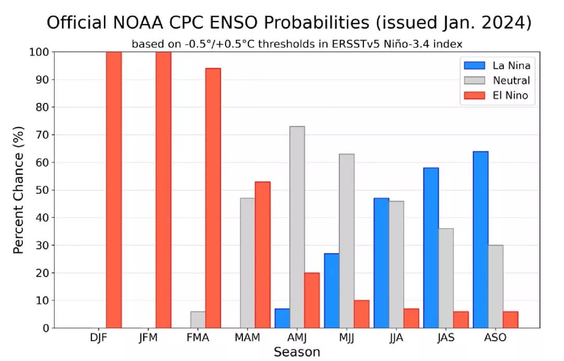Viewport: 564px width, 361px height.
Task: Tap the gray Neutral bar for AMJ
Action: [297, 227]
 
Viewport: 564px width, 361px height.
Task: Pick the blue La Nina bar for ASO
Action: [480, 240]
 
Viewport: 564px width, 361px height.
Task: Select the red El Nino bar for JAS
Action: [461, 320]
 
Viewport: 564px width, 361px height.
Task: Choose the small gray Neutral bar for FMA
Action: [198, 320]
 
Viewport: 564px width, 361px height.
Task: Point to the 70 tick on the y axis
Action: [42, 135]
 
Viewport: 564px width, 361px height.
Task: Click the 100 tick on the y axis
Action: [39, 52]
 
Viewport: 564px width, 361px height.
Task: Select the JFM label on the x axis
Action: [148, 337]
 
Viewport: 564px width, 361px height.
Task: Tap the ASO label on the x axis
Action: [495, 337]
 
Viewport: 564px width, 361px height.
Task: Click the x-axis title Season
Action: [297, 352]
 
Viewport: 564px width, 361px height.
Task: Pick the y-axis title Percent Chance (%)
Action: [19, 190]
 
